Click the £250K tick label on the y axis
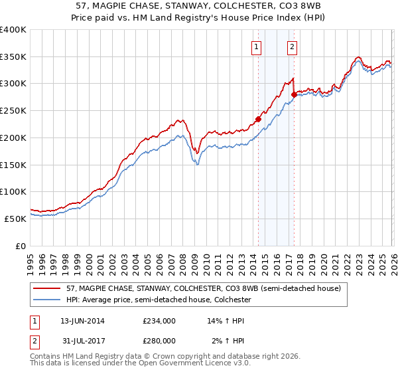pyautogui.click(x=13, y=111)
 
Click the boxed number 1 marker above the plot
pyautogui.click(x=256, y=46)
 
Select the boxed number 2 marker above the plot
pyautogui.click(x=292, y=46)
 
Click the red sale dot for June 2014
pyautogui.click(x=258, y=120)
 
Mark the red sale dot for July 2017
pyautogui.click(x=294, y=95)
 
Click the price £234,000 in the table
pyautogui.click(x=159, y=321)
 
